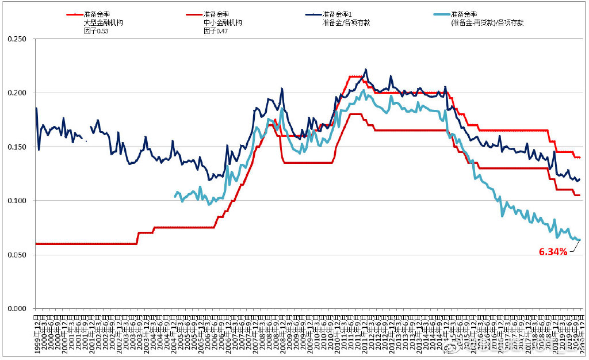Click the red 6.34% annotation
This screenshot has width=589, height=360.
pos(553,251)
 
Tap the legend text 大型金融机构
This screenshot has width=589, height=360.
pos(104,22)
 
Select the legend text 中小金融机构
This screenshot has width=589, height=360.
pos(223,22)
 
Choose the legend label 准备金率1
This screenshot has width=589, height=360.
pos(337,14)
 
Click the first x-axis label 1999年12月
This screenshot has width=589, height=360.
pos(37,332)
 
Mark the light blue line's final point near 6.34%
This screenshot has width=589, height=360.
pos(580,240)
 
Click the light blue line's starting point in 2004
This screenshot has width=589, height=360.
pos(175,197)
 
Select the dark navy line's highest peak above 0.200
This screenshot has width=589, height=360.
pos(366,70)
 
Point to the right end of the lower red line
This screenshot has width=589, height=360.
pos(580,195)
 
